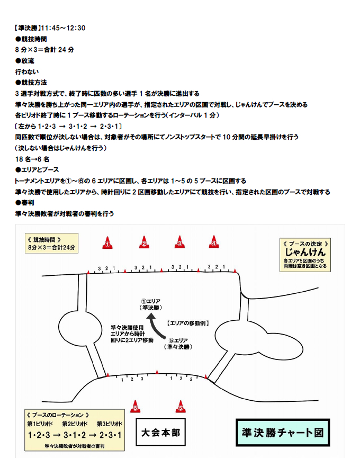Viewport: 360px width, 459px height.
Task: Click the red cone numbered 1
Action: tap(107, 243)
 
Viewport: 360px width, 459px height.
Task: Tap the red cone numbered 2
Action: tap(143, 243)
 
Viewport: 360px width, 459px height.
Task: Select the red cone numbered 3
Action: tap(179, 243)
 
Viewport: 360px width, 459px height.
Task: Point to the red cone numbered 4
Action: tap(214, 242)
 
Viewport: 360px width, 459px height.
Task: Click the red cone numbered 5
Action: tap(181, 407)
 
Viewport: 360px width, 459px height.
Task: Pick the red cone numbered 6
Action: tap(136, 407)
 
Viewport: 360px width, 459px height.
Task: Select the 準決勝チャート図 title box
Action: tap(282, 433)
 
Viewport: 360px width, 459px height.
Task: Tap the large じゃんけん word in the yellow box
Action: tap(305, 252)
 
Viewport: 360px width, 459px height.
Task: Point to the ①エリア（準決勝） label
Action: tap(150, 304)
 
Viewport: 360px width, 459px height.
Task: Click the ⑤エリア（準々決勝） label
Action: tap(179, 344)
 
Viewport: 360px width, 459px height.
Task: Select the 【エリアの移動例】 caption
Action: tap(186, 322)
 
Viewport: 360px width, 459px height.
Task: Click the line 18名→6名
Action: tap(32, 159)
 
